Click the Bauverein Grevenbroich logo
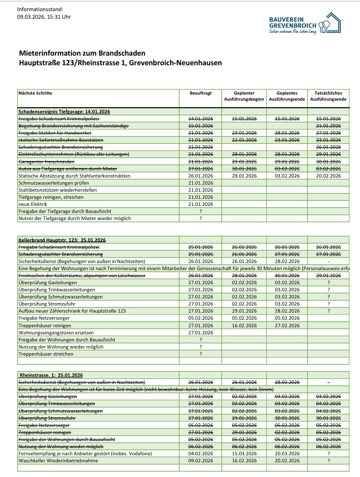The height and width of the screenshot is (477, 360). (x=305, y=23)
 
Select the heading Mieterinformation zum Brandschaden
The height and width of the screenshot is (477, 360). (x=82, y=53)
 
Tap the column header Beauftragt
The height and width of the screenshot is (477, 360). (x=201, y=94)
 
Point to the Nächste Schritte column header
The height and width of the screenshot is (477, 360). (x=35, y=94)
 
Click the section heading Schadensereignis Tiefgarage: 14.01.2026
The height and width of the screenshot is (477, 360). (x=64, y=111)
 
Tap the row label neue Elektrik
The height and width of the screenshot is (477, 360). (x=32, y=204)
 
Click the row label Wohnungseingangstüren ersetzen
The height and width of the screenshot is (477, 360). (x=56, y=332)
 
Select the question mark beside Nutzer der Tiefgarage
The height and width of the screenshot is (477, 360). (x=201, y=218)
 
